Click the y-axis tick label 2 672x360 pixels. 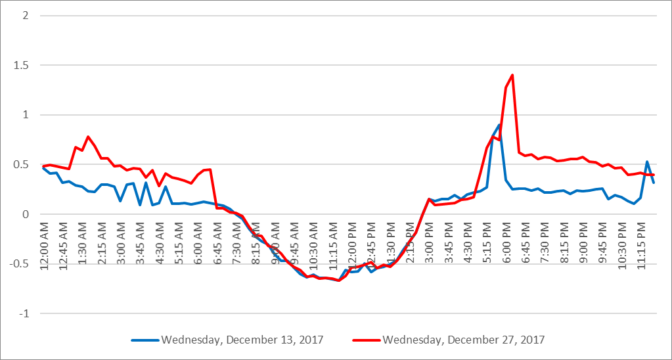pyautogui.click(x=25, y=16)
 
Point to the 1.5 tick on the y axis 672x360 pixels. pyautogui.click(x=21, y=66)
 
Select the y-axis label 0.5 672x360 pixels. pyautogui.click(x=21, y=165)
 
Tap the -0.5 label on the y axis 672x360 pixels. pyautogui.click(x=19, y=264)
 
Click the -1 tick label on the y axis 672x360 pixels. pyautogui.click(x=23, y=313)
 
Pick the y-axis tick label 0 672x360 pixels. pyautogui.click(x=25, y=214)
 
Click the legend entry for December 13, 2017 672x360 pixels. pyautogui.click(x=242, y=340)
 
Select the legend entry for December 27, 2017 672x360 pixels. pyautogui.click(x=463, y=340)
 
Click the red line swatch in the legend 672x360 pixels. pyautogui.click(x=366, y=340)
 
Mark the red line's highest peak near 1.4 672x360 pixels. pyautogui.click(x=512, y=75)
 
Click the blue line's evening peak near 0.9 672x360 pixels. pyautogui.click(x=499, y=124)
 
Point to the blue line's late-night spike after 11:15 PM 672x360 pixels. pyautogui.click(x=647, y=162)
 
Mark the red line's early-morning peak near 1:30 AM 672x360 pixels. pyautogui.click(x=88, y=137)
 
